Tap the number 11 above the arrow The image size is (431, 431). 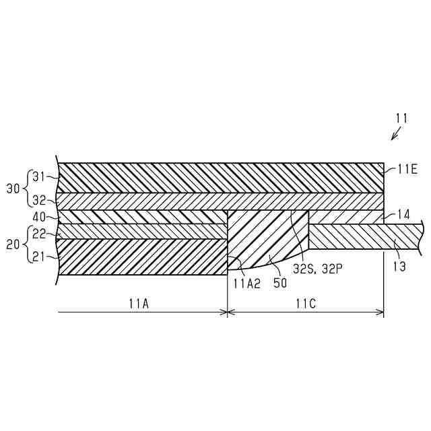point(401,118)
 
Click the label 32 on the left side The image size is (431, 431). point(39,200)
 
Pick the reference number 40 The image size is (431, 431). point(38,217)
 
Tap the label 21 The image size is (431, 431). point(39,257)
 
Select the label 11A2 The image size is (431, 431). point(247,284)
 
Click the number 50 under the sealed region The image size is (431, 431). point(279,284)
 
